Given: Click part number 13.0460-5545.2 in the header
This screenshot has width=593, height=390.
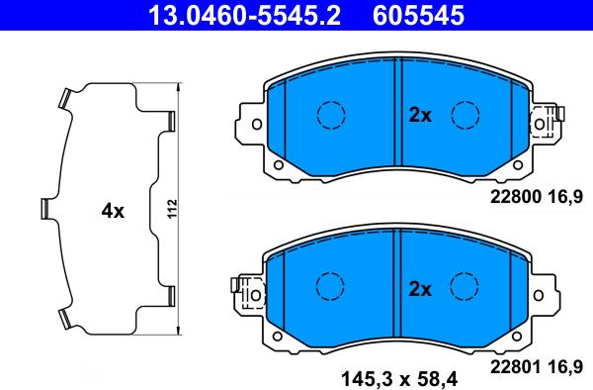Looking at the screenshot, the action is tap(244, 15).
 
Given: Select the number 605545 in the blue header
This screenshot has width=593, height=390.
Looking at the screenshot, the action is tap(418, 15).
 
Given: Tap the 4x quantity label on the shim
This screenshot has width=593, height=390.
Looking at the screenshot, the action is tap(113, 211).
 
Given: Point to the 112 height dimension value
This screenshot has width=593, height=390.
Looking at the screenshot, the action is tap(172, 210).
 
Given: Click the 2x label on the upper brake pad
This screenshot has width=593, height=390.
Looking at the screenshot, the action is tap(420, 115).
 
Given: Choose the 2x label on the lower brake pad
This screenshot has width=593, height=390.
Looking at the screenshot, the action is tap(420, 289).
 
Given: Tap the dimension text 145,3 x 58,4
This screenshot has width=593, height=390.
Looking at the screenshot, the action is tap(399, 378).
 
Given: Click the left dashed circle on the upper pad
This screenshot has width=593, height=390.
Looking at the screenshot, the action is tap(331, 115).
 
